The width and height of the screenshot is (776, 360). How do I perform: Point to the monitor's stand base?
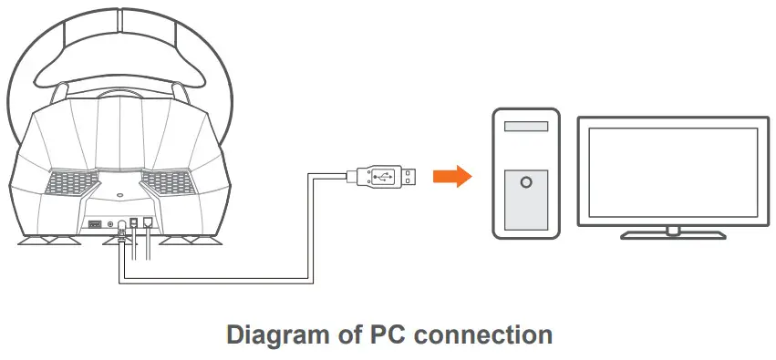pyautogui.click(x=673, y=234)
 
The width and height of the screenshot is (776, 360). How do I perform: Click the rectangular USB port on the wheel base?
pyautogui.click(x=94, y=222)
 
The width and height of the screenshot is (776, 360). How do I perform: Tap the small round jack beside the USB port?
pyautogui.click(x=111, y=222)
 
